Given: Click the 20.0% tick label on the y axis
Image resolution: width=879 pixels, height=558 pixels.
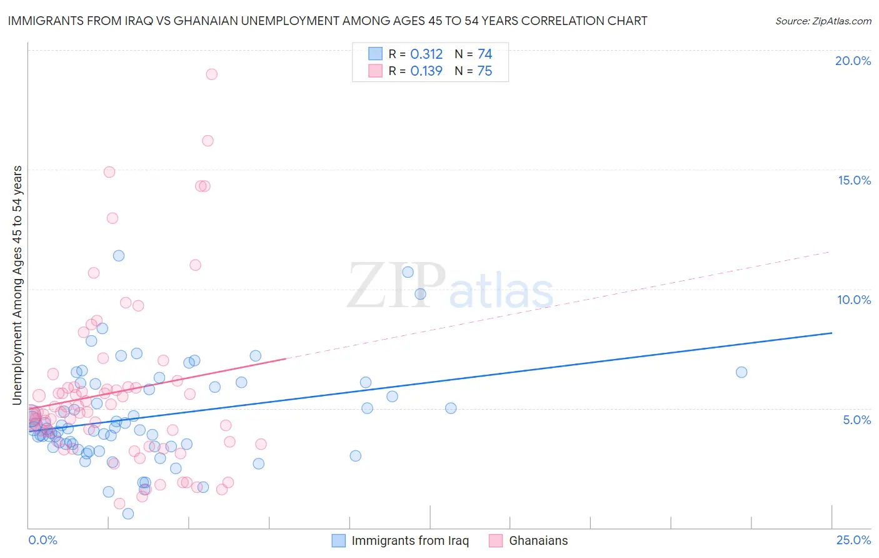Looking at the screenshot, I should click(x=853, y=61).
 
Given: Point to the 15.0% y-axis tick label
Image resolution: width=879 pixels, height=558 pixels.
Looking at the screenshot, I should click(x=854, y=180).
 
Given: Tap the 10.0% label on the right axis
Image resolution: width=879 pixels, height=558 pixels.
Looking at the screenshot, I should click(x=854, y=300).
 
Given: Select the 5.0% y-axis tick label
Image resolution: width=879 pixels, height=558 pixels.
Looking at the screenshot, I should click(x=856, y=420).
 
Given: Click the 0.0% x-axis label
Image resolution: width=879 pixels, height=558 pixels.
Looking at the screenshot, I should click(x=43, y=540).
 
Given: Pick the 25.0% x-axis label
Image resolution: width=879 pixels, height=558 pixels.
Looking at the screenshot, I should click(x=853, y=540).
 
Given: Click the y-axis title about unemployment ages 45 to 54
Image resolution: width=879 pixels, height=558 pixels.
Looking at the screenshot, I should click(x=17, y=285).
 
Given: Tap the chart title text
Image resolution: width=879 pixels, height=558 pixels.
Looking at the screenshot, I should click(x=327, y=21).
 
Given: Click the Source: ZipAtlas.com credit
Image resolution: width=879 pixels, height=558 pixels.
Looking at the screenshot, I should click(x=823, y=21).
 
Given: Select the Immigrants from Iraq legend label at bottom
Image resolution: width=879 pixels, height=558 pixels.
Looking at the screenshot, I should click(x=409, y=540).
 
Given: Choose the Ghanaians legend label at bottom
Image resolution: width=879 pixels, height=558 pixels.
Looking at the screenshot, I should click(x=538, y=540).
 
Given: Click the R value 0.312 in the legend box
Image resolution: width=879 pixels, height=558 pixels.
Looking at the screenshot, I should click(x=426, y=54).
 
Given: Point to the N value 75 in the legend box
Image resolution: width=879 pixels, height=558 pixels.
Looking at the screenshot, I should click(x=485, y=71).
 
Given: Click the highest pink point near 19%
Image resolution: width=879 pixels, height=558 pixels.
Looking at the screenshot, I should click(x=211, y=74).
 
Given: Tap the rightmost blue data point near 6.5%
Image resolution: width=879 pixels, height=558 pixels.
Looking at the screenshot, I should click(x=741, y=372).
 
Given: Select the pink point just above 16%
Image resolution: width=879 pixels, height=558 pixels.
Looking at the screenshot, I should click(x=208, y=141).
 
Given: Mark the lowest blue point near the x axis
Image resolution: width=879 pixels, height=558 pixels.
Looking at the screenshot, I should click(x=128, y=514).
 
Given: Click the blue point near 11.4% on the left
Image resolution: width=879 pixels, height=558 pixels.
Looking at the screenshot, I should click(x=119, y=255).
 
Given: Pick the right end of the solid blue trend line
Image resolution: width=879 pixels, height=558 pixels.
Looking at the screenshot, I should click(x=831, y=333).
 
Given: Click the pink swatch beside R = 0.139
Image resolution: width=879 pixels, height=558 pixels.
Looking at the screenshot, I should click(x=375, y=71).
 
